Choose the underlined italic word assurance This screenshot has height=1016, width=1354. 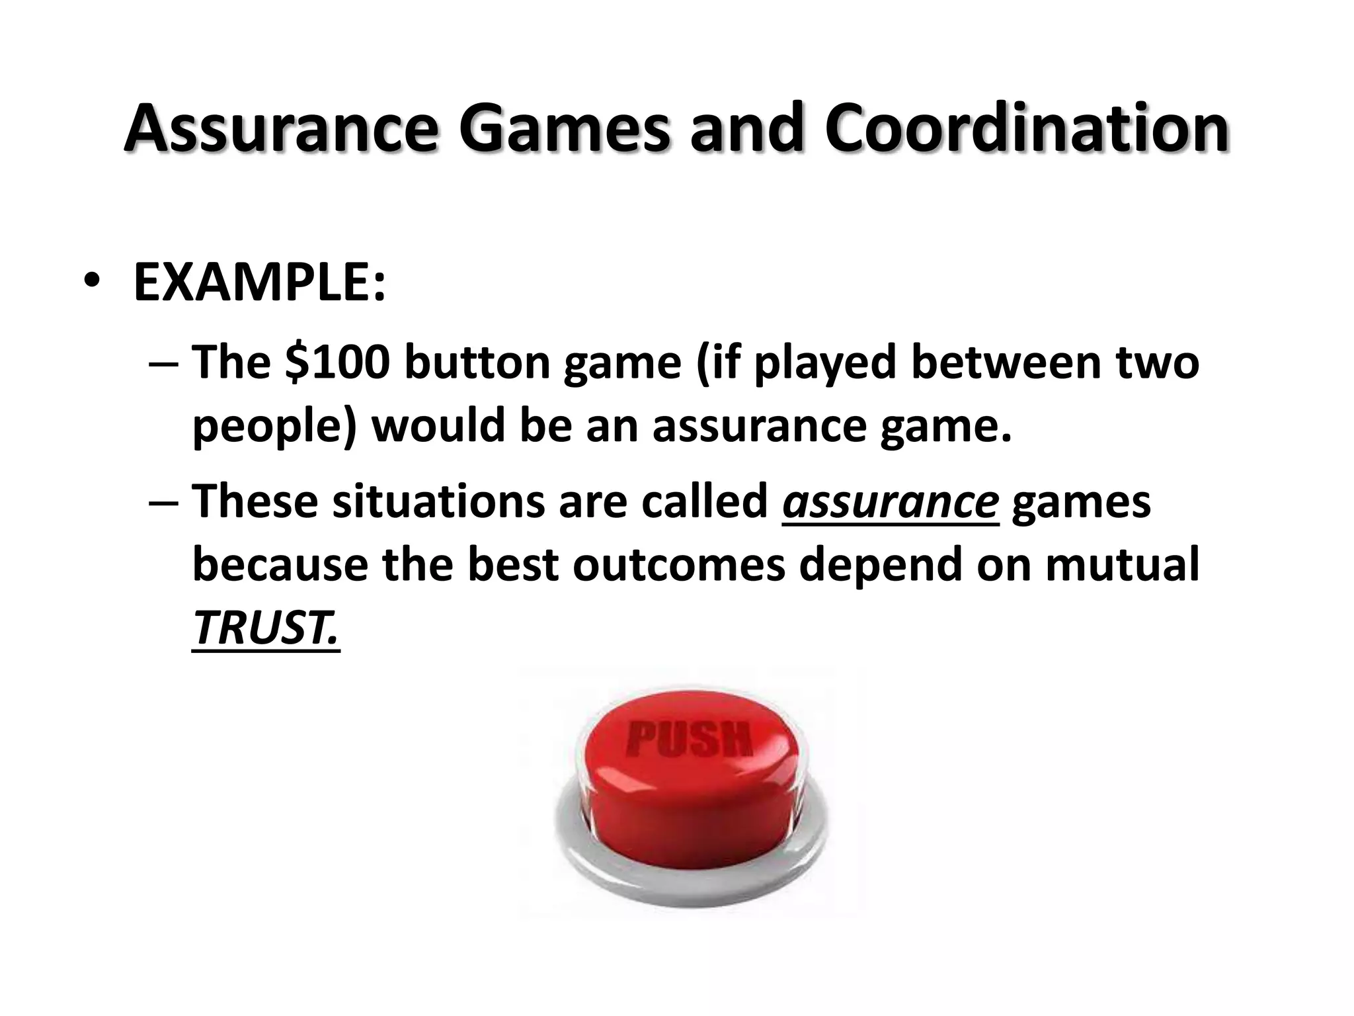[890, 502]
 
